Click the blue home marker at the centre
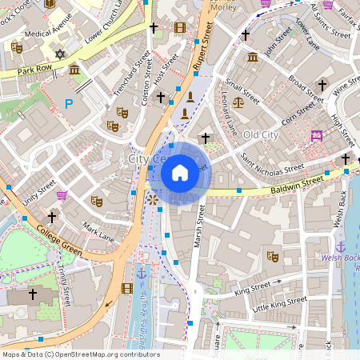[x=180, y=173]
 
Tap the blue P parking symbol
[x=69, y=103]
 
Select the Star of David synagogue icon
[x=58, y=54]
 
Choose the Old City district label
[x=261, y=134]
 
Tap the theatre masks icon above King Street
[x=272, y=257]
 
